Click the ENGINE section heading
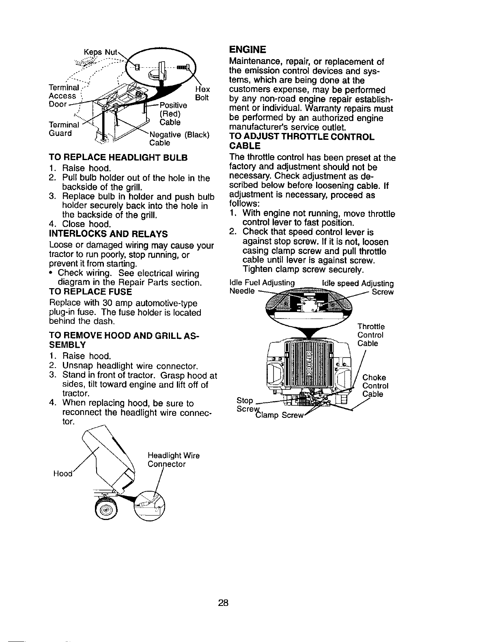click(x=247, y=50)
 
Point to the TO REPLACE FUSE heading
click(x=90, y=292)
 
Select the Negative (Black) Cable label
click(x=179, y=139)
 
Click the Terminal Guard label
click(x=61, y=128)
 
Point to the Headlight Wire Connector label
click(x=172, y=460)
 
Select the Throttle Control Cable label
click(x=371, y=335)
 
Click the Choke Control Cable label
click(x=375, y=385)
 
